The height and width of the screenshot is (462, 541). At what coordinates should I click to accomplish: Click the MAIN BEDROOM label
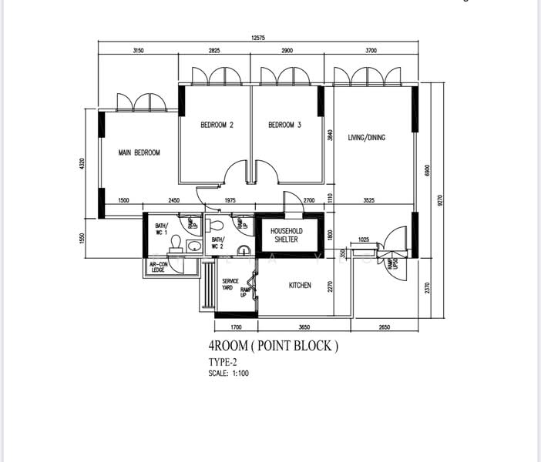(139, 153)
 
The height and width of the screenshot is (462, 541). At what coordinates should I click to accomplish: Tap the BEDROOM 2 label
(217, 125)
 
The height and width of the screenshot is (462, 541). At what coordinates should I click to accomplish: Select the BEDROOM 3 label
(284, 125)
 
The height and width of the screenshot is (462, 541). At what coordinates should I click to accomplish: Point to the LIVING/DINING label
(367, 138)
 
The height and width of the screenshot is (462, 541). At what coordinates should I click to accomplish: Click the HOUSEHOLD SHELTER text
(286, 235)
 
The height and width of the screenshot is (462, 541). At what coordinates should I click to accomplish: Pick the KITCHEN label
(300, 286)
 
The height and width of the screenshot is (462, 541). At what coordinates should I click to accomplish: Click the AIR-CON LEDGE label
(158, 266)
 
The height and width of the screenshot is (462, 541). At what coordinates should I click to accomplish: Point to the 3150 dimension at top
(138, 50)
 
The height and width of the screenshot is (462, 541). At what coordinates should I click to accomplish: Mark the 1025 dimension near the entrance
(364, 240)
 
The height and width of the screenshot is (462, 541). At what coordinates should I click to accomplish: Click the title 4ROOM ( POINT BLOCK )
(273, 346)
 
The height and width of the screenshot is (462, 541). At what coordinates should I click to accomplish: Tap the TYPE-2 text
(222, 362)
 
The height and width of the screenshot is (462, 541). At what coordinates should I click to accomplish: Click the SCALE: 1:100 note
(228, 373)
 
